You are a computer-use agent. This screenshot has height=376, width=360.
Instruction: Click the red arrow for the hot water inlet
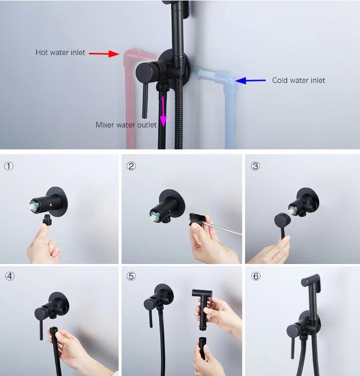(104, 54)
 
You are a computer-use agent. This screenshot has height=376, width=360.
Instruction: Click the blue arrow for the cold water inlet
(251, 80)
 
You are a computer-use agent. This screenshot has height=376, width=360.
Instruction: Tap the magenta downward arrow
(163, 112)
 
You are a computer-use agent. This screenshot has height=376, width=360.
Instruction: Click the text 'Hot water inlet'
(60, 52)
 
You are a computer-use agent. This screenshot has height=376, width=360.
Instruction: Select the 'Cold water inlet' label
(298, 80)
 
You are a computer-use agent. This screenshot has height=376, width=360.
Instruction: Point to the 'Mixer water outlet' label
(126, 125)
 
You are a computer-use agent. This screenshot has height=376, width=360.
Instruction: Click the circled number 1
(9, 166)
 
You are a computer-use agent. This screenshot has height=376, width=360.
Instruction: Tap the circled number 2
(131, 166)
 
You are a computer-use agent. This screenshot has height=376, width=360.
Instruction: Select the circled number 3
(255, 166)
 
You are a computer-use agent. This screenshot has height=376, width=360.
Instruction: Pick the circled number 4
(10, 276)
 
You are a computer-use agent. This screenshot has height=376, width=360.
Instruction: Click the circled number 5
(131, 276)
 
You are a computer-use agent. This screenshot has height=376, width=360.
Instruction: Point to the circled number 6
(256, 276)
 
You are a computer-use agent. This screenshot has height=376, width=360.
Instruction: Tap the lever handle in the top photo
(145, 101)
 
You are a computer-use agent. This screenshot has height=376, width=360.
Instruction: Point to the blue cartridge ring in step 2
(154, 214)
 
